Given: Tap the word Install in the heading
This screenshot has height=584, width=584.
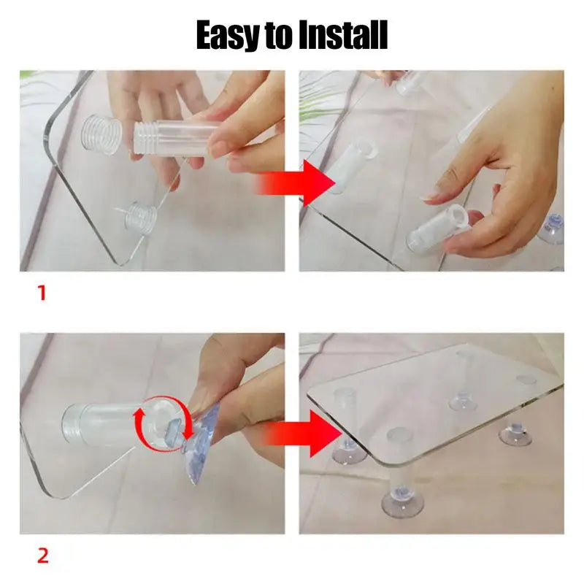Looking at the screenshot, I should [x=343, y=34].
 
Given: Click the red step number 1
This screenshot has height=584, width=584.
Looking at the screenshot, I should [x=42, y=293].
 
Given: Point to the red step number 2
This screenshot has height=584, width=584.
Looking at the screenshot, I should [x=42, y=556].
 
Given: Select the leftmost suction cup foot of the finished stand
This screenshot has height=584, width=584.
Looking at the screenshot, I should [x=347, y=453].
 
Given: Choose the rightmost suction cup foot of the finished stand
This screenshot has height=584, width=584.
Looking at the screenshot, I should [x=515, y=434].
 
